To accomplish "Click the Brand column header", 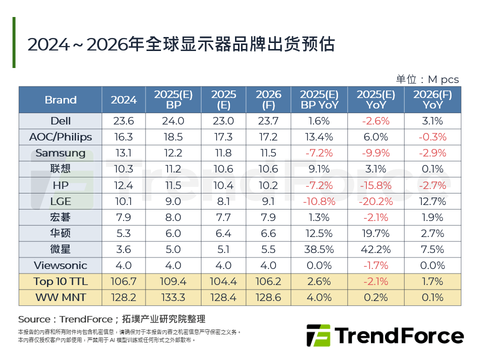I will [60, 99].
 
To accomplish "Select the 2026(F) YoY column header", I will [432, 99].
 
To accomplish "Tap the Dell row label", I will [60, 121].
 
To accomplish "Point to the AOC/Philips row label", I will [60, 137].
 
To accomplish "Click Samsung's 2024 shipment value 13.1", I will [123, 153].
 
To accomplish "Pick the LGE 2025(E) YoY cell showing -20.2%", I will [376, 201].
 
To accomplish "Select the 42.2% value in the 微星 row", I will [376, 249].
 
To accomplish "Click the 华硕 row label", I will [60, 233].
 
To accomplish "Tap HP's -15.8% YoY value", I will [376, 185].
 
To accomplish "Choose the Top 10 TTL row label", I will [60, 281].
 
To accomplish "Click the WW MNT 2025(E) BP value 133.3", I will [173, 297].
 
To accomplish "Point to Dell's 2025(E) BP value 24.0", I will [173, 121].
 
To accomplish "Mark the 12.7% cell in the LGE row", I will [432, 201].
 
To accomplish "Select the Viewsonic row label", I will [60, 265].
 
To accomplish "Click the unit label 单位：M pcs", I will [427, 79].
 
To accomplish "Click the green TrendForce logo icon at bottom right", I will [318, 335].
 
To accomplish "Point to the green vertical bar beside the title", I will [14, 42].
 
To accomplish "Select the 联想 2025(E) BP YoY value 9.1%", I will [319, 169].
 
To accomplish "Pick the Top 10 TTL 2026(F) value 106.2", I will [268, 281].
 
